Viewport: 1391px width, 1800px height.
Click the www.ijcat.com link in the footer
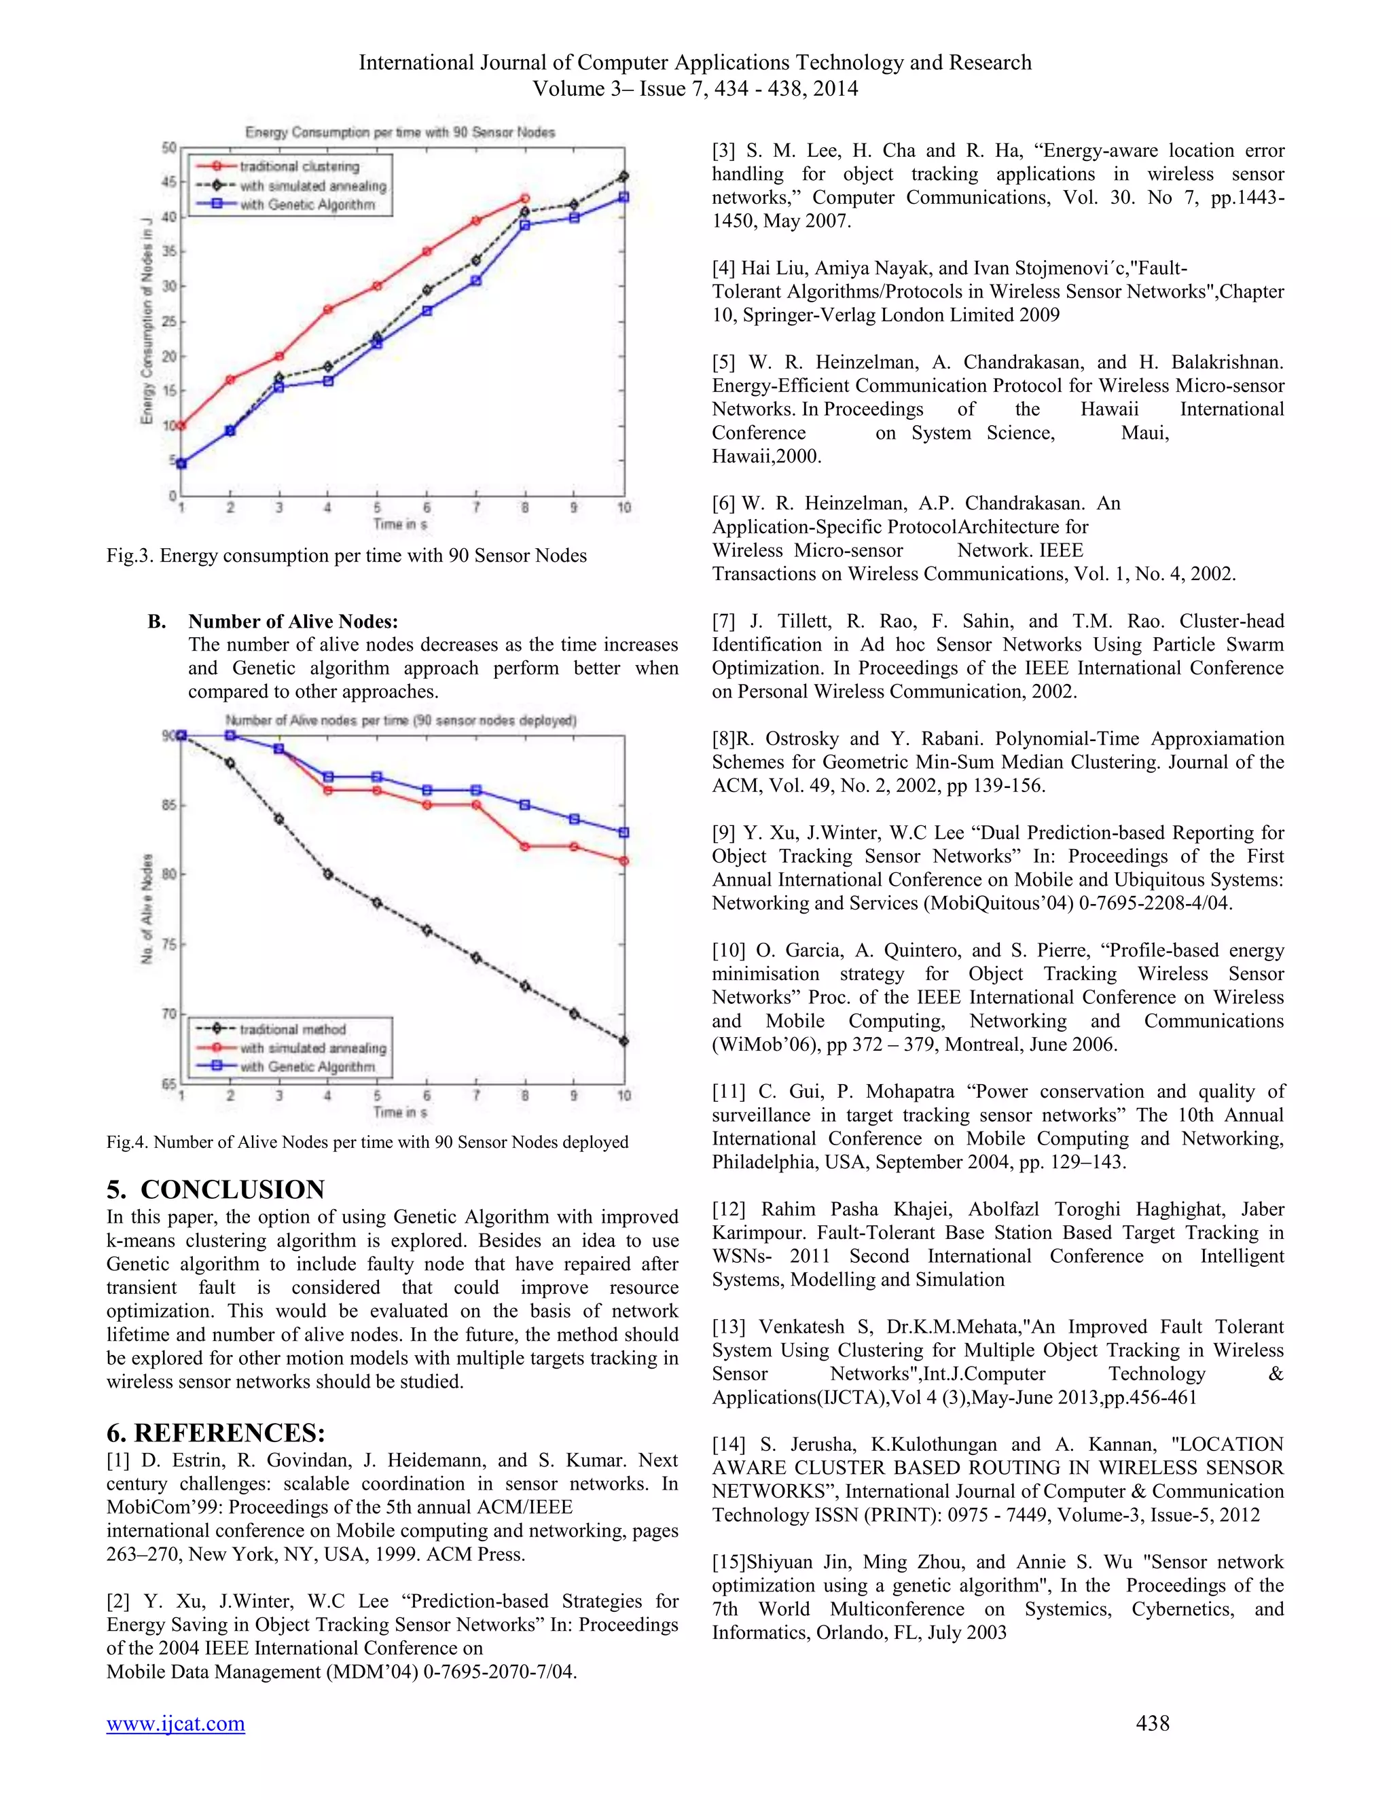pyautogui.click(x=175, y=1723)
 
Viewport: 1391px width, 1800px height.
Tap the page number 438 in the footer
pyautogui.click(x=1152, y=1723)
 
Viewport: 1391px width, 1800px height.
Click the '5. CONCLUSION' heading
pyautogui.click(x=215, y=1189)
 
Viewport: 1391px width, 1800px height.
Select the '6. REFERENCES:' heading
pyautogui.click(x=216, y=1432)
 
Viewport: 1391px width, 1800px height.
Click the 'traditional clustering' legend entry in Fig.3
pyautogui.click(x=299, y=166)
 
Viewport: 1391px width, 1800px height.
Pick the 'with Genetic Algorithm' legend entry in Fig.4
pyautogui.click(x=306, y=1066)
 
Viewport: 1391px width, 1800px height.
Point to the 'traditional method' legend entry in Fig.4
pyautogui.click(x=293, y=1029)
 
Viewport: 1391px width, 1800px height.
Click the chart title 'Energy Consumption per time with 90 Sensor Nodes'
pyautogui.click(x=399, y=132)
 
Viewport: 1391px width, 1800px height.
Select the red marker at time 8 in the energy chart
pyautogui.click(x=525, y=198)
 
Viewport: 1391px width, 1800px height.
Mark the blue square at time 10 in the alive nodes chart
pyautogui.click(x=624, y=833)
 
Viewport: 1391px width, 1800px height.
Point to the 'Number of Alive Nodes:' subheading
pyautogui.click(x=293, y=622)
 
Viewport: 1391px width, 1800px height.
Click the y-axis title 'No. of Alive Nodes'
pyautogui.click(x=147, y=908)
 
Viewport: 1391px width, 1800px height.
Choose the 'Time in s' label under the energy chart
pyautogui.click(x=399, y=524)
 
